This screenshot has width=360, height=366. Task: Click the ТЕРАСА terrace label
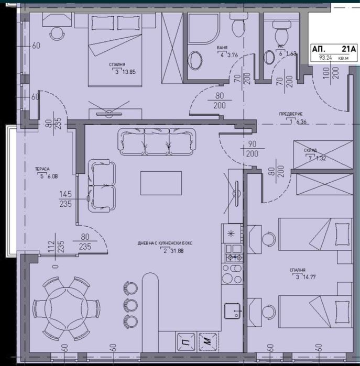click(x=42, y=169)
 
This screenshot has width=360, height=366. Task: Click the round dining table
click(x=66, y=308)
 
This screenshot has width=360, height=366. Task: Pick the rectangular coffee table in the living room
click(x=161, y=183)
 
